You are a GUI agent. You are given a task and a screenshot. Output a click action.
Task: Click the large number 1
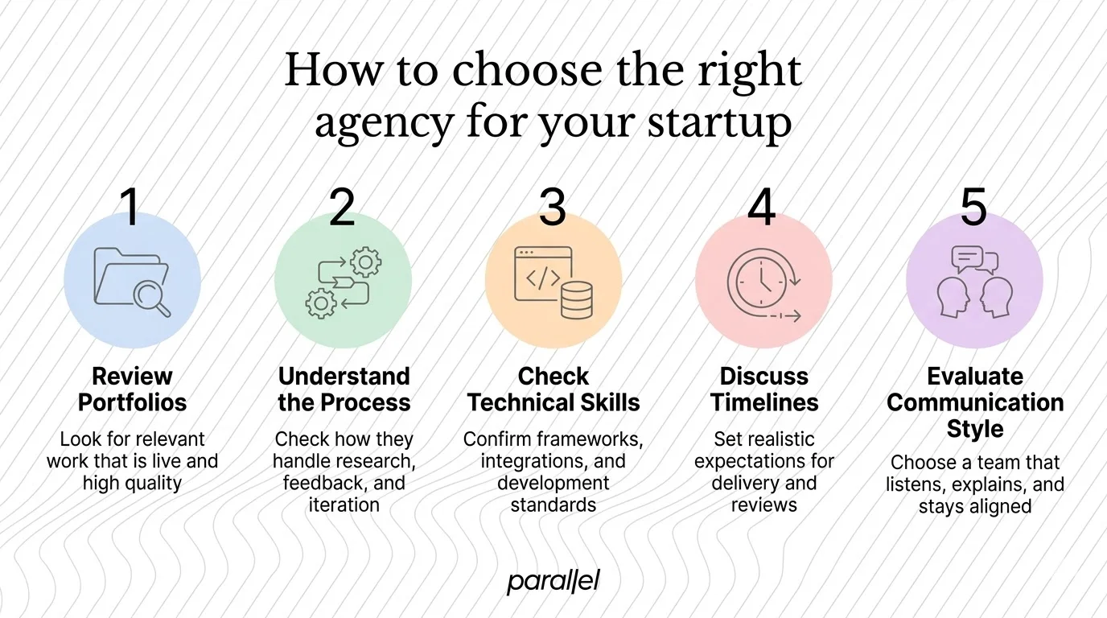coord(130,207)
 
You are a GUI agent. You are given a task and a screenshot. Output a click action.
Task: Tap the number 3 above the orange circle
coord(552,207)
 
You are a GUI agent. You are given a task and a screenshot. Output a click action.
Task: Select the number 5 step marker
coord(973,207)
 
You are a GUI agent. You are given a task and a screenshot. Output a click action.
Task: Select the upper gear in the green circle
coord(367,262)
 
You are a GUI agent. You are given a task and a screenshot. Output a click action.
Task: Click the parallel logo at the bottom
coord(553,581)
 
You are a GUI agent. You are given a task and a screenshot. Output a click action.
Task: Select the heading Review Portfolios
coord(132,389)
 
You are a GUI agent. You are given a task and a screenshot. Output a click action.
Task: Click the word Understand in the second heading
coord(344,377)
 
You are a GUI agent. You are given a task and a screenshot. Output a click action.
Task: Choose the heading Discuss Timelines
coord(763,389)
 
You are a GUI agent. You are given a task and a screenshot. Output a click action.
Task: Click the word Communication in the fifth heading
coord(975,402)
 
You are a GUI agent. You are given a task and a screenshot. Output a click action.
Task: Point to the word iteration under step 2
coord(344,505)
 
